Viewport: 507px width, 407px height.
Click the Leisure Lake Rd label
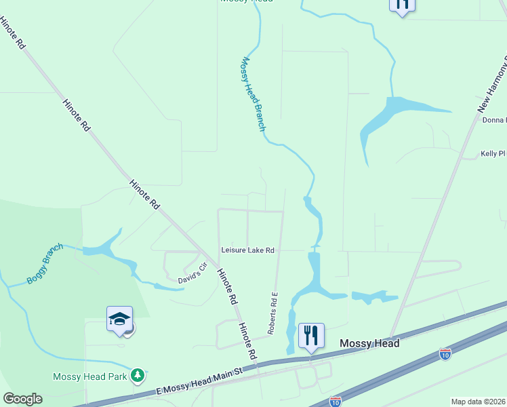coord(247,250)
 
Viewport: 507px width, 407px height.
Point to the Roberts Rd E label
coord(273,313)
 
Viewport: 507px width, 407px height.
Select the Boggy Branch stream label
coord(45,264)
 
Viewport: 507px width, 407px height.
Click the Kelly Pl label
coord(493,154)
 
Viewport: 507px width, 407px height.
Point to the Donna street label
coord(494,120)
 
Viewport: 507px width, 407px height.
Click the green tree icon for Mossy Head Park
coord(138,374)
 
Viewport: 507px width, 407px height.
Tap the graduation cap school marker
coord(119,319)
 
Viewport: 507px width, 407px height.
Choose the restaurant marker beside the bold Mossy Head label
coord(311,335)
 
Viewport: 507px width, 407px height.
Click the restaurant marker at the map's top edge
coord(401,5)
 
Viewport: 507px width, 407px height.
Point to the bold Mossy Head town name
coord(369,344)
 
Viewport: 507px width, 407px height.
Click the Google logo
coord(22,399)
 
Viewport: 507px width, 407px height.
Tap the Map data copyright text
coord(478,402)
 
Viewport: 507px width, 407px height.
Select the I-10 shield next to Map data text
coord(335,402)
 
